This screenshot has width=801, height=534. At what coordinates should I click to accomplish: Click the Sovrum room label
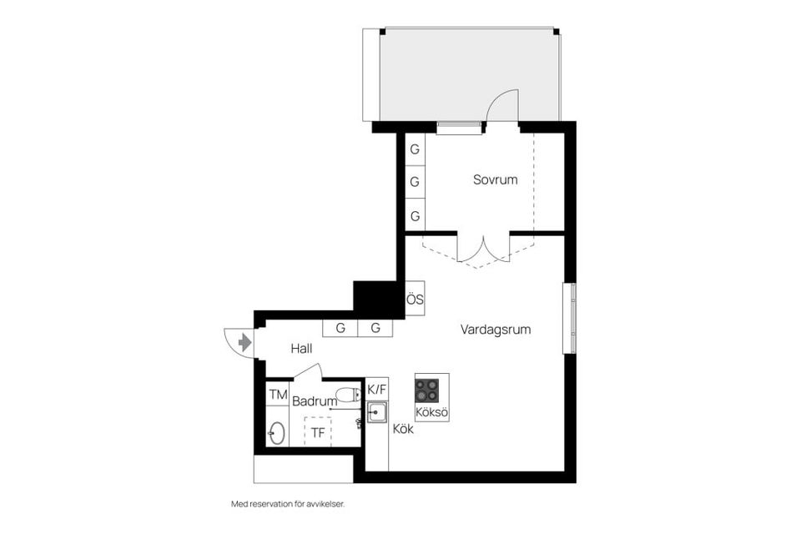pos(495,179)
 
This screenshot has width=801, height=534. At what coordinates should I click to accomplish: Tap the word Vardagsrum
pos(496,330)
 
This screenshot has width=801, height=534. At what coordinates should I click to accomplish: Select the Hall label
pos(301,349)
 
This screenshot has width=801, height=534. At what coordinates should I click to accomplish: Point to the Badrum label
pos(315,401)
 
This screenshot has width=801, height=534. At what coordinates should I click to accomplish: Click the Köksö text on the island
pos(432,412)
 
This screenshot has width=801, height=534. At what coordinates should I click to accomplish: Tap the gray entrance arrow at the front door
pos(244,342)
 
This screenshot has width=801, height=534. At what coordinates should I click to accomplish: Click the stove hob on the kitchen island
pos(427,390)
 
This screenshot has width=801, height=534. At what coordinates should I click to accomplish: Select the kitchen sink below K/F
pos(377,411)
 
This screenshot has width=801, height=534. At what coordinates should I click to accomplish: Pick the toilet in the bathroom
pos(345,394)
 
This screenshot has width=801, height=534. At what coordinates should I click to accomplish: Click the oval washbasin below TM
pos(276,433)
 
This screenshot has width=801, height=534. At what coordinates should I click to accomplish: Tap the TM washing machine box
pos(278,394)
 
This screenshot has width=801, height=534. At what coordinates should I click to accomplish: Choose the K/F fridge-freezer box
pos(377,389)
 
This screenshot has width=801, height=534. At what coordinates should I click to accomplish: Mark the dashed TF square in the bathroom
pos(318,432)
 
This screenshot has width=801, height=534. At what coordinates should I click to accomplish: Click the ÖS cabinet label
pos(415,299)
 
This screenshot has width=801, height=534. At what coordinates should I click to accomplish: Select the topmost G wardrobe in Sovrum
pos(415,150)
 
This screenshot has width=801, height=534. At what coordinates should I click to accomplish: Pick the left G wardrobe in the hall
pos(340,328)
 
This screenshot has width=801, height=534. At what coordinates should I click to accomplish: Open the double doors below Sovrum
pos(483,250)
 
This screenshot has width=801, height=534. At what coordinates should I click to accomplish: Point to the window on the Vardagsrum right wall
pos(570,318)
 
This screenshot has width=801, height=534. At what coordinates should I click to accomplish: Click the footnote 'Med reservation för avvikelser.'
pos(288,504)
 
